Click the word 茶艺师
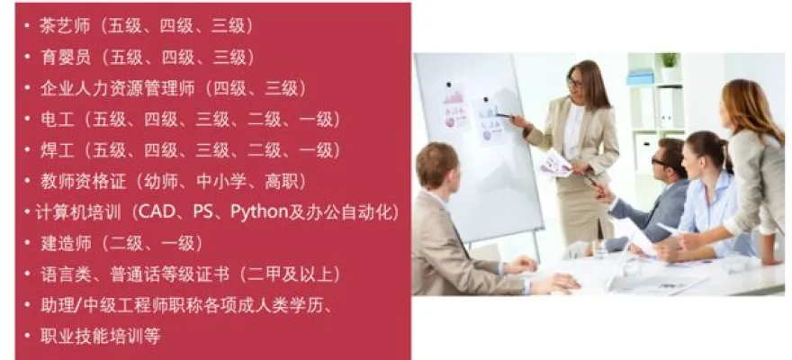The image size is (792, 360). click(65, 26)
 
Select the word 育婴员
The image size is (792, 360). click(65, 57)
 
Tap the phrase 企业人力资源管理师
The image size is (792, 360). click(117, 88)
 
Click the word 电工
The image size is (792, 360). click(57, 120)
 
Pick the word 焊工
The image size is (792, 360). click(57, 150)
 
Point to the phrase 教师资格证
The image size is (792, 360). click(82, 182)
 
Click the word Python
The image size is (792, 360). click(258, 212)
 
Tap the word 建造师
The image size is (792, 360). click(65, 244)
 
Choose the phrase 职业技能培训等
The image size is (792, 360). click(100, 337)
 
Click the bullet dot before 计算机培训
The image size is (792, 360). click(27, 212)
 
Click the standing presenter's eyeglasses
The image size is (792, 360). click(574, 82)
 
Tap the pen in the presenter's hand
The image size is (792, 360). click(504, 115)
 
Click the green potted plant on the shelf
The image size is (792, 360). click(670, 60)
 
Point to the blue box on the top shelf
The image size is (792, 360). click(641, 77)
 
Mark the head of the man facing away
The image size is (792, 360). click(437, 165)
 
